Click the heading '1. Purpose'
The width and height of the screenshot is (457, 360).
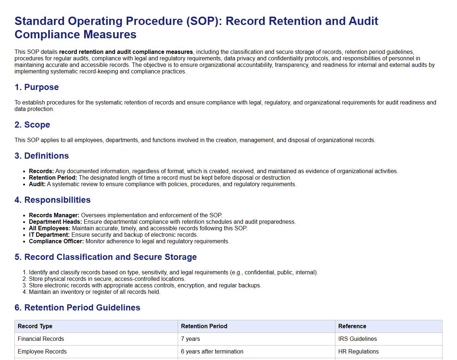[37, 87]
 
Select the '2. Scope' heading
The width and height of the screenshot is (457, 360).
[32, 125]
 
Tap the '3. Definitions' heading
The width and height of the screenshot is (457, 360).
[42, 156]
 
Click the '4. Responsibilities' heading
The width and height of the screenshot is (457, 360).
[52, 200]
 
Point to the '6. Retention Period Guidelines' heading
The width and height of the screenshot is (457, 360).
[77, 308]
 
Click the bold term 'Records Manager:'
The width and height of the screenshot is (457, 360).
[54, 215]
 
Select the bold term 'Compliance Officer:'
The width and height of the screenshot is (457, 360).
[56, 241]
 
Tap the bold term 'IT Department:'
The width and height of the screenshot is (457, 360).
[49, 235]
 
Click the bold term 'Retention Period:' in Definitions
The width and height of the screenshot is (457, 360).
[53, 177]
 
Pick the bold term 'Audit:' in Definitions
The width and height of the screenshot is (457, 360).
[37, 184]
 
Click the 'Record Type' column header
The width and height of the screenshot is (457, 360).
[35, 326]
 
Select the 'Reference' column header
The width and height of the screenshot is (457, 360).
[352, 326]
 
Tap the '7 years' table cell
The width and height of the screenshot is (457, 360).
[190, 339]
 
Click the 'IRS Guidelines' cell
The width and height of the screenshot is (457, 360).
[357, 339]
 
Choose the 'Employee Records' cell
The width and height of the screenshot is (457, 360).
[42, 351]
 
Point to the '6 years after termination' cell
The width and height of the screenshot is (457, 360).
[212, 351]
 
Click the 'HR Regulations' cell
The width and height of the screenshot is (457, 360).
[358, 351]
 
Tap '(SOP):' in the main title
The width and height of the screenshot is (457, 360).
[205, 21]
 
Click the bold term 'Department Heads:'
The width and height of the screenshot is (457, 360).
[55, 222]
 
